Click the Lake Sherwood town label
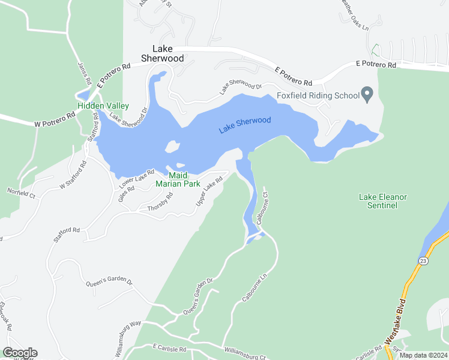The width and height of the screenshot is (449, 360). click(162, 53)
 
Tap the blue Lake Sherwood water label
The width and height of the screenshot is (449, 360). click(245, 125)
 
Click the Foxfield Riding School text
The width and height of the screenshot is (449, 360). click(318, 95)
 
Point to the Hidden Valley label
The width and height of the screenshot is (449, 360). click(103, 106)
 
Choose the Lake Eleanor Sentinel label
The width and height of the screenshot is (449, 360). click(383, 201)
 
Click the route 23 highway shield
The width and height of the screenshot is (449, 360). click(423, 261)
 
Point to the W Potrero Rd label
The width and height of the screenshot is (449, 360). click(55, 120)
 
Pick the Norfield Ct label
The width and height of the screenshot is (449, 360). click(22, 193)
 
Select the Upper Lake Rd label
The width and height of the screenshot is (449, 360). click(205, 195)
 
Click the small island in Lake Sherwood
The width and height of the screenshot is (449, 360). click(172, 146)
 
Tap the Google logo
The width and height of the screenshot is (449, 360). click(20, 353)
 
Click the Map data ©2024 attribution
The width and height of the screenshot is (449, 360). click(423, 355)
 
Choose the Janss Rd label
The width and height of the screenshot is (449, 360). click(84, 73)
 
